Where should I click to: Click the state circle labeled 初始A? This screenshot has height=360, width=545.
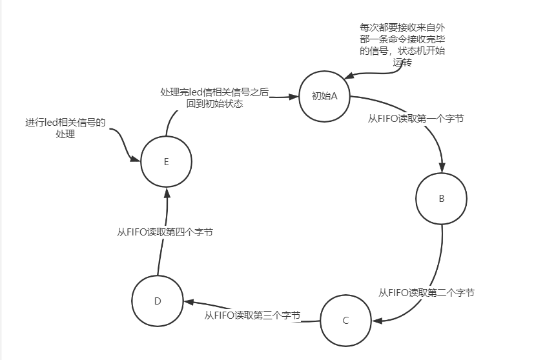[325, 97]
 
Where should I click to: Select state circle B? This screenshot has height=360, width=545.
[442, 199]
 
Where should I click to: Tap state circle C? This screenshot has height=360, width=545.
[345, 321]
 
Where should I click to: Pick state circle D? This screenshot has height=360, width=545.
[158, 301]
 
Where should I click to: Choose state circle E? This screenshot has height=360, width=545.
[167, 162]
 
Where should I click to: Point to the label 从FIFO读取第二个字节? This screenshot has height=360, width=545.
[426, 292]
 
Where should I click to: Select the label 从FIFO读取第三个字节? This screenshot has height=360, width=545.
[252, 315]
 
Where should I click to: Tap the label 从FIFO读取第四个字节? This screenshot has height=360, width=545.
[165, 232]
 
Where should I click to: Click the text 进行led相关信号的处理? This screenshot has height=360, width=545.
[65, 128]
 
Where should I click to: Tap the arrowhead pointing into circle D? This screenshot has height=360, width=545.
[187, 302]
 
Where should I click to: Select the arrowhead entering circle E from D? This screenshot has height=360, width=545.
[167, 192]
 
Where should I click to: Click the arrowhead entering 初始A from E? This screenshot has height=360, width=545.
[296, 97]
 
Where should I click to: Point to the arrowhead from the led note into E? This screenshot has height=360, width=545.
[136, 159]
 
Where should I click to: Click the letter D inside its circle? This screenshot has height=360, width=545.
[158, 301]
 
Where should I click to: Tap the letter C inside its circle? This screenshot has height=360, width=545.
[345, 321]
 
